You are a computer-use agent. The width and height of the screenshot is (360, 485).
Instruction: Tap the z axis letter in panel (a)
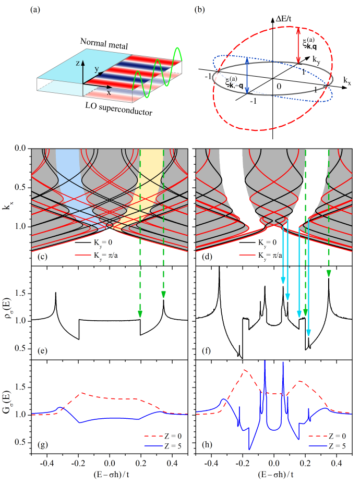point(77,63)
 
